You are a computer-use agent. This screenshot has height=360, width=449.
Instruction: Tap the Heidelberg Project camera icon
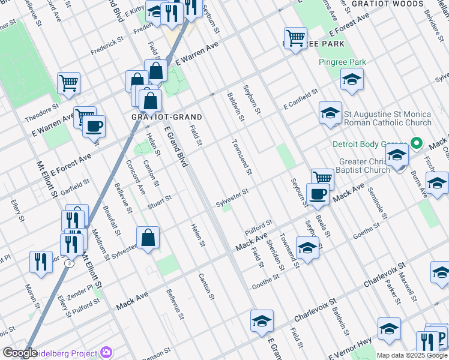click(x=107, y=352)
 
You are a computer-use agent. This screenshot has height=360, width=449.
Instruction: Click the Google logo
click(x=20, y=353)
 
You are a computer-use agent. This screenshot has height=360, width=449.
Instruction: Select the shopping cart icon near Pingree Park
click(x=295, y=38)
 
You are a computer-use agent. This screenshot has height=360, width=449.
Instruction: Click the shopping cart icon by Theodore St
click(x=68, y=83)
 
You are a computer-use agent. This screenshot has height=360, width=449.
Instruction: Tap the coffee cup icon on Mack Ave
click(x=317, y=194)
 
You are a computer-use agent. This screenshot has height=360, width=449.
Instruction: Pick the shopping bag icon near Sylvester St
click(x=148, y=238)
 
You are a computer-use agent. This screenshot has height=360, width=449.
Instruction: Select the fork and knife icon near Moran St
click(x=41, y=262)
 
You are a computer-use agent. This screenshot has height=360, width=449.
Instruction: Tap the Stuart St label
click(x=160, y=199)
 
